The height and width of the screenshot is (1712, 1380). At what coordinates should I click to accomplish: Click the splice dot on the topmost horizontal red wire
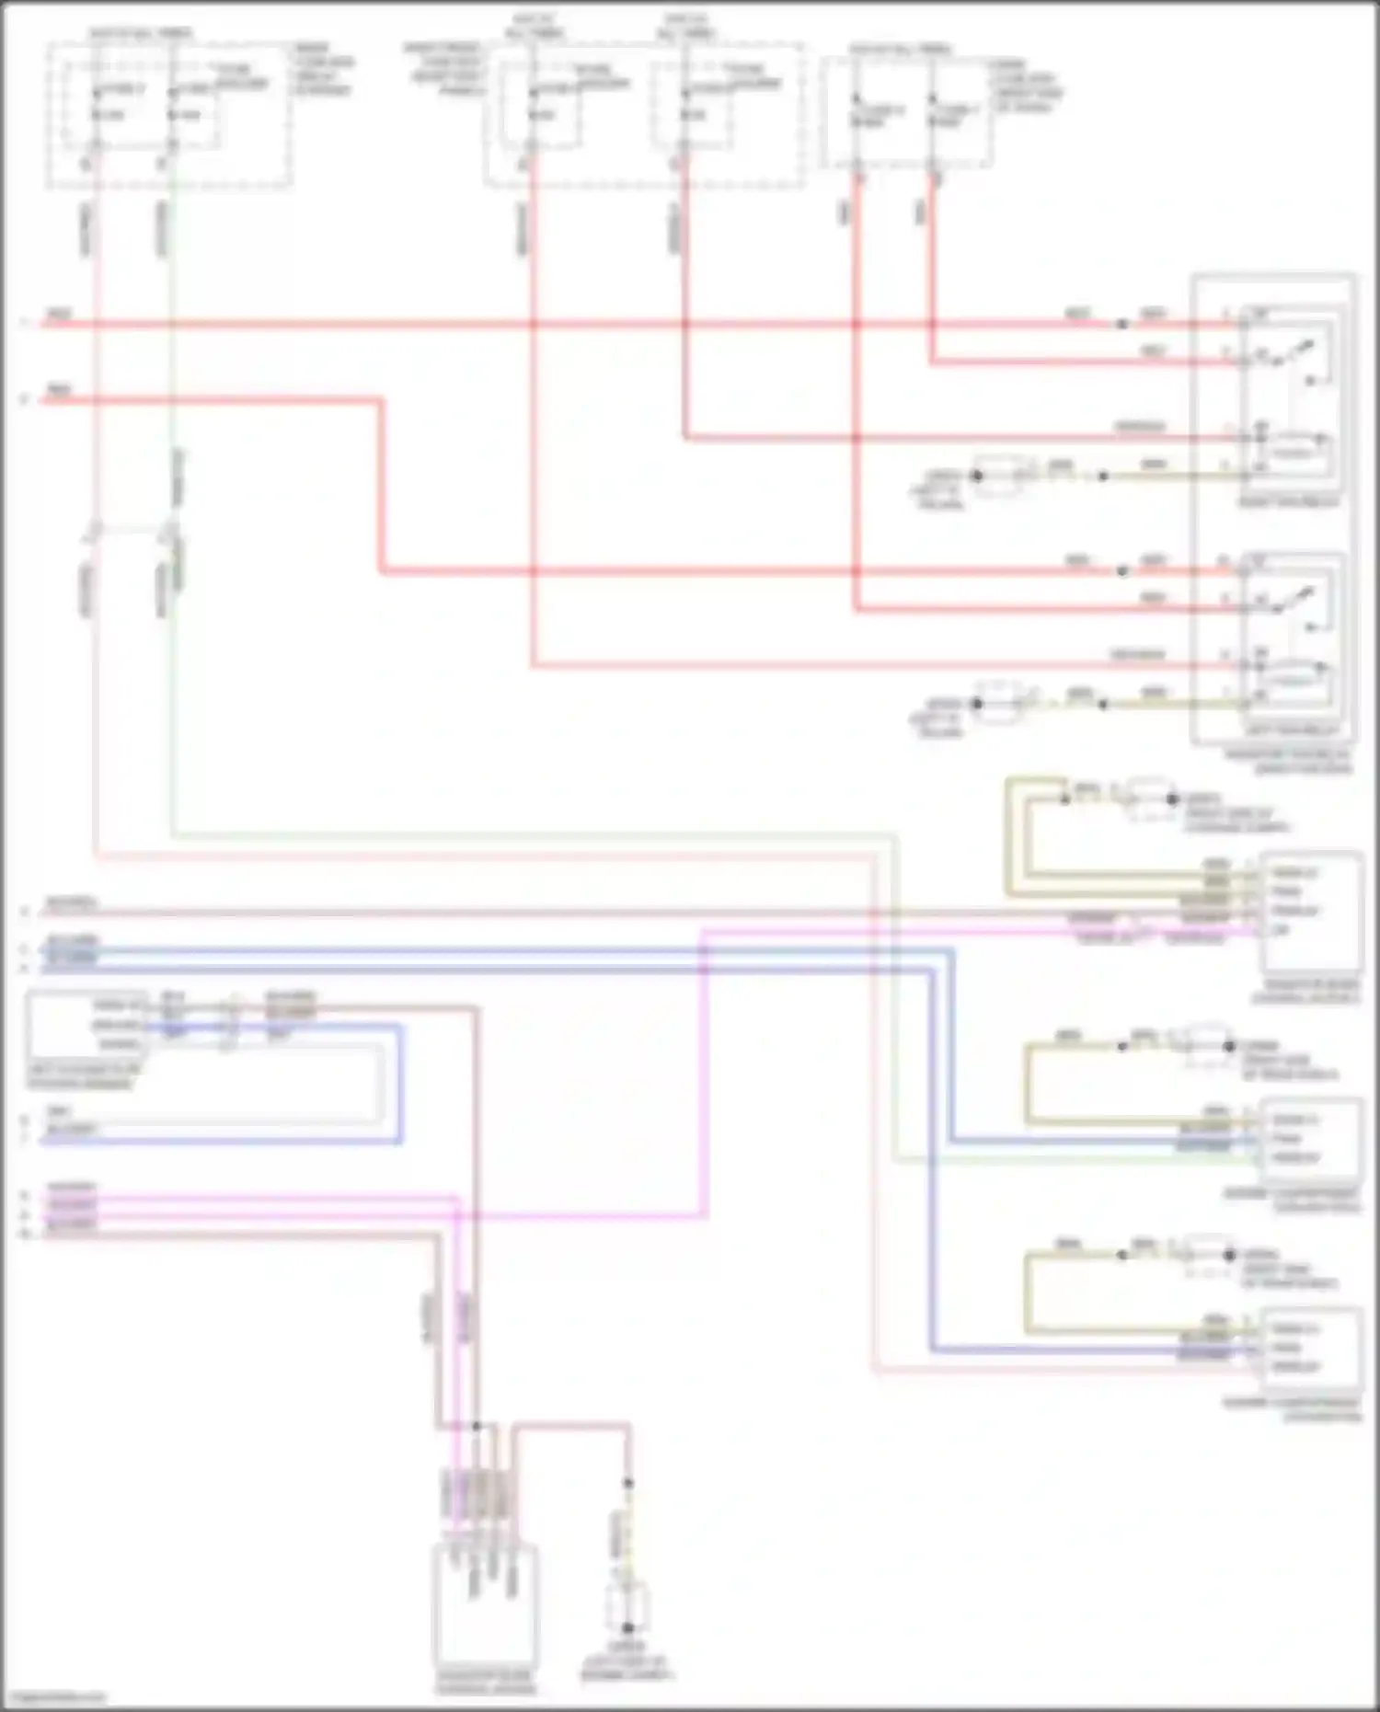(1121, 324)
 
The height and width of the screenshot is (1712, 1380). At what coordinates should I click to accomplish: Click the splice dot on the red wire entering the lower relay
(1121, 571)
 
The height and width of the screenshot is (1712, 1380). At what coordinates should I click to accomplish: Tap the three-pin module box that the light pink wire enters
(1313, 1349)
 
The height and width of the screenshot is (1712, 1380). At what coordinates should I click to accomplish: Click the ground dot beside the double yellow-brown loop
(1172, 799)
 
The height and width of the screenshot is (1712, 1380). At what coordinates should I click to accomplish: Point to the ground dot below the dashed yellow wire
(627, 1628)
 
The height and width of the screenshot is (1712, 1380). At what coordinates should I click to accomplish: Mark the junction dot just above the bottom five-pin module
(476, 1426)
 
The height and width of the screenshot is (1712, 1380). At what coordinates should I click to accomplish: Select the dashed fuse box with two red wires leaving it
(906, 113)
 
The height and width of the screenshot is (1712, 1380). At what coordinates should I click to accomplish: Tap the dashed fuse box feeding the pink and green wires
(169, 113)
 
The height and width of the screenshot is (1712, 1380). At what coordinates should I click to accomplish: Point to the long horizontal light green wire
(534, 835)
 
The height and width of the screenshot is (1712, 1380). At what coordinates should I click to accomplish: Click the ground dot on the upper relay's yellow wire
(977, 476)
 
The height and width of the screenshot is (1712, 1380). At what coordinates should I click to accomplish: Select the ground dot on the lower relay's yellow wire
(977, 704)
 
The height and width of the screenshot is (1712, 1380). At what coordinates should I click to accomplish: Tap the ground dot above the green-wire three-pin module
(1229, 1046)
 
